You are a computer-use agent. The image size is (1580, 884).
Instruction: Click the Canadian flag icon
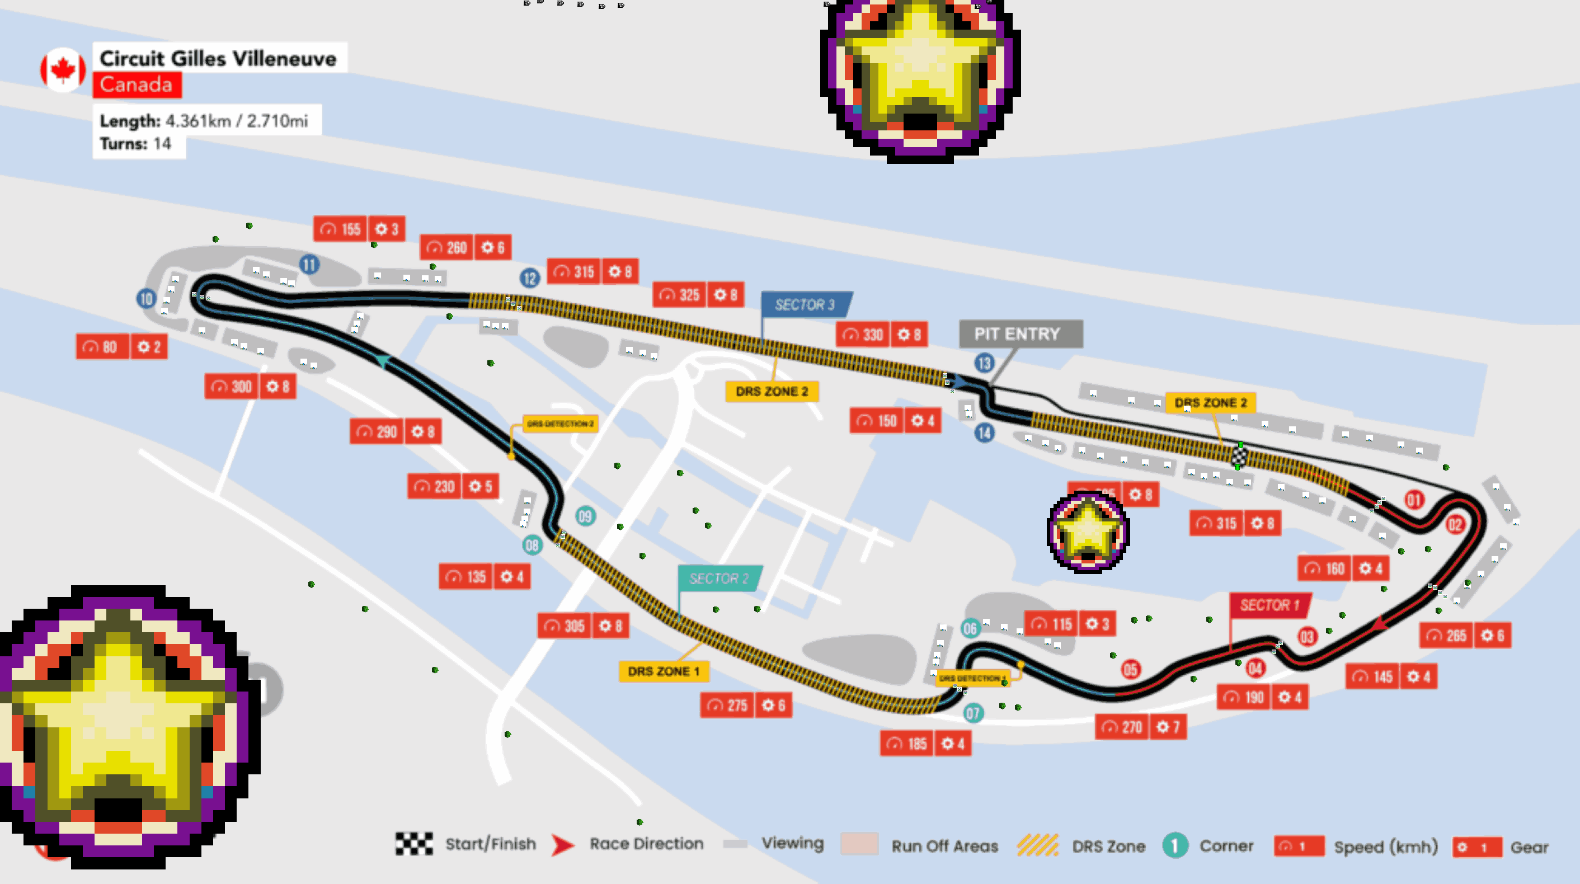click(63, 69)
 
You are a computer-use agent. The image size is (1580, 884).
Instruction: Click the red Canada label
click(137, 84)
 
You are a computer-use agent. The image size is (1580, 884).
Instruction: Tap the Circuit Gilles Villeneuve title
click(218, 58)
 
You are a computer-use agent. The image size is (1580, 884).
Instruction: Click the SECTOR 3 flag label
click(805, 304)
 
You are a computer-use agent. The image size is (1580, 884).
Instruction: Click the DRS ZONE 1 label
click(664, 671)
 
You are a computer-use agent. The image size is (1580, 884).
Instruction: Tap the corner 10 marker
click(146, 299)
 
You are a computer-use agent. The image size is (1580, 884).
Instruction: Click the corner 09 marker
click(585, 516)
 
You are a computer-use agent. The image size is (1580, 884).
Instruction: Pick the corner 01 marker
click(1414, 500)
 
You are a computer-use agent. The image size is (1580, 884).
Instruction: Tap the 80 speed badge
click(102, 347)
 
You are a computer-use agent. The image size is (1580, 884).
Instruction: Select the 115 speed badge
click(1052, 624)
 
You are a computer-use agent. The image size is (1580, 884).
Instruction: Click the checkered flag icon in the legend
click(414, 844)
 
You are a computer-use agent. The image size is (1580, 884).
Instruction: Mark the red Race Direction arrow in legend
click(562, 845)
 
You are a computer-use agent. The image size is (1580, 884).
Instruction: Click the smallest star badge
click(1088, 532)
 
